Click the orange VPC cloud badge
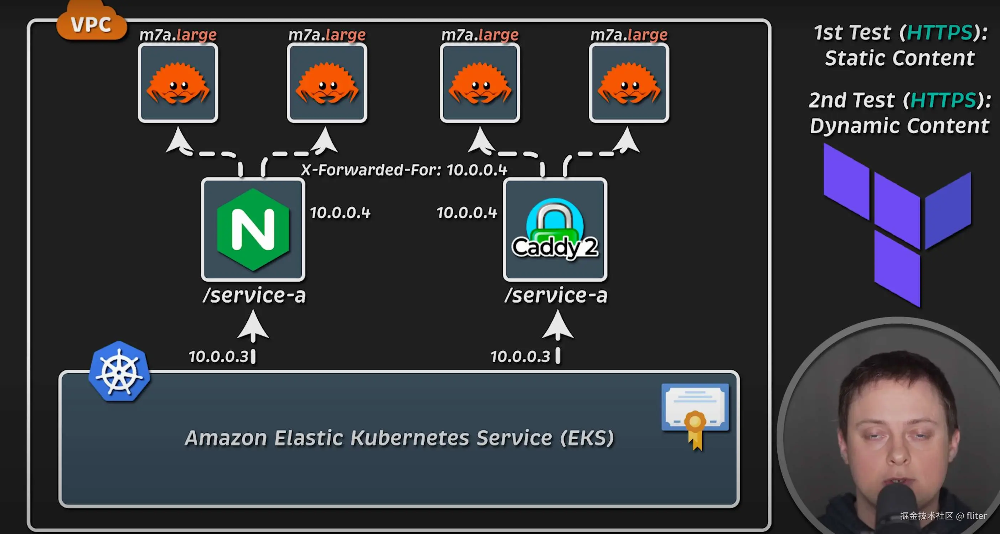92,23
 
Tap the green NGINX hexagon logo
253,229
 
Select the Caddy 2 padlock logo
555,229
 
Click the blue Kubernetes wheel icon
119,371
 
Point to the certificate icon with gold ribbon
695,414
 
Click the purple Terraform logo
897,225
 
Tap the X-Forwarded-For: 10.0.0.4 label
404,170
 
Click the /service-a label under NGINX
254,295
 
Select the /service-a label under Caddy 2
556,295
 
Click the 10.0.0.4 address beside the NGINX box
340,212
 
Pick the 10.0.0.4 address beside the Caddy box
467,212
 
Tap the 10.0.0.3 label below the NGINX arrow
218,356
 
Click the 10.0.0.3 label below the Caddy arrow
520,356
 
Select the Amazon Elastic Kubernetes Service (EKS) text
399,438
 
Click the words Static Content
900,58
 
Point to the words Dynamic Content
900,126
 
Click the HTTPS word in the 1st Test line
940,33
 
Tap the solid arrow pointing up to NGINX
253,326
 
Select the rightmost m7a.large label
629,35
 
